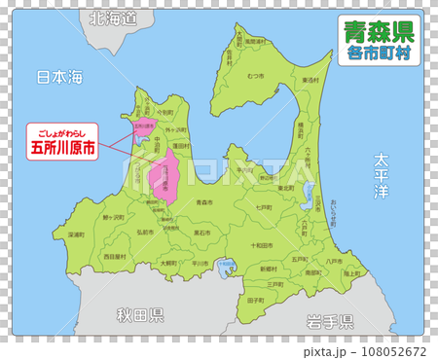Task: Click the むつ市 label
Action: pos(256,75)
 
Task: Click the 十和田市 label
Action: pos(265,245)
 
